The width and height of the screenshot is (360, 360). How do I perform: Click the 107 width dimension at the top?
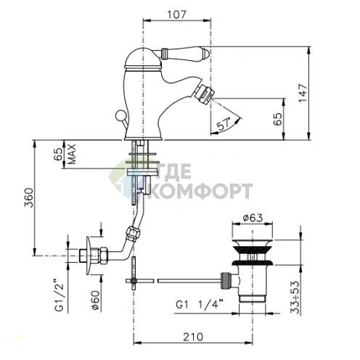pyautogui.click(x=177, y=15)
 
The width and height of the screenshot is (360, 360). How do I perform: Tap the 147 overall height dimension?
pyautogui.click(x=303, y=93)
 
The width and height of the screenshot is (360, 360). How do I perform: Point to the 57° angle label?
pyautogui.click(x=224, y=125)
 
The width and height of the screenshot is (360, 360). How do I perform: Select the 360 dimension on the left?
pyautogui.click(x=30, y=197)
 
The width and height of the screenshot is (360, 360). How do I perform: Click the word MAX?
pyautogui.click(x=72, y=154)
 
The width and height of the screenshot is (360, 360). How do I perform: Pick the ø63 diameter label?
pyautogui.click(x=253, y=218)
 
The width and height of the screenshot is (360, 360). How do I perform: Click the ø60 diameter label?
pyautogui.click(x=95, y=300)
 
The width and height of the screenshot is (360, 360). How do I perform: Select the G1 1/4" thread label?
pyautogui.click(x=200, y=305)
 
